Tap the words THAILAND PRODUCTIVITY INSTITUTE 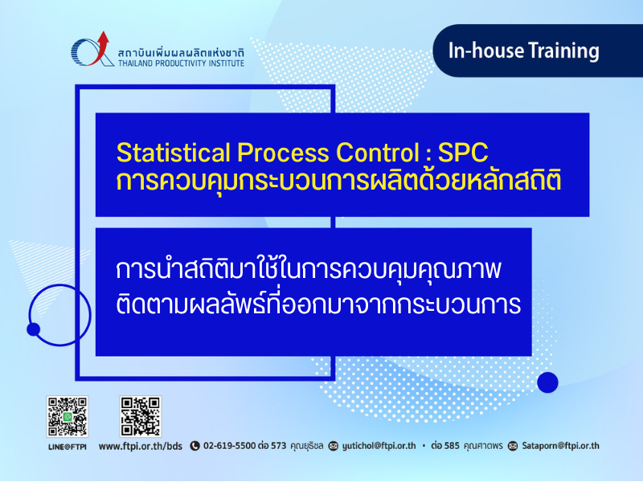[x=182, y=63]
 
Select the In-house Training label [x=524, y=51]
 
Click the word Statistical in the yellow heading [x=173, y=153]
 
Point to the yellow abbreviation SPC [x=463, y=153]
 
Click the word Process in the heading [x=283, y=153]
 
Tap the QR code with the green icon [x=68, y=416]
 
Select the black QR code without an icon [x=141, y=416]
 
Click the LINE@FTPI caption [x=68, y=447]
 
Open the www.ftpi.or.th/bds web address [x=140, y=447]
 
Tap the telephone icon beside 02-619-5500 [x=195, y=446]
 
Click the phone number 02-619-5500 [x=229, y=446]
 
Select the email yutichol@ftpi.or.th [x=379, y=446]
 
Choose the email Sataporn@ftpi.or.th [x=560, y=446]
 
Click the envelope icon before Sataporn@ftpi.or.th [x=513, y=446]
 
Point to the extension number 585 [x=452, y=446]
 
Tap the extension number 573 [x=278, y=446]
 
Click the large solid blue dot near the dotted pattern [x=547, y=382]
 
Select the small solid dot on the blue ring [x=33, y=329]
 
